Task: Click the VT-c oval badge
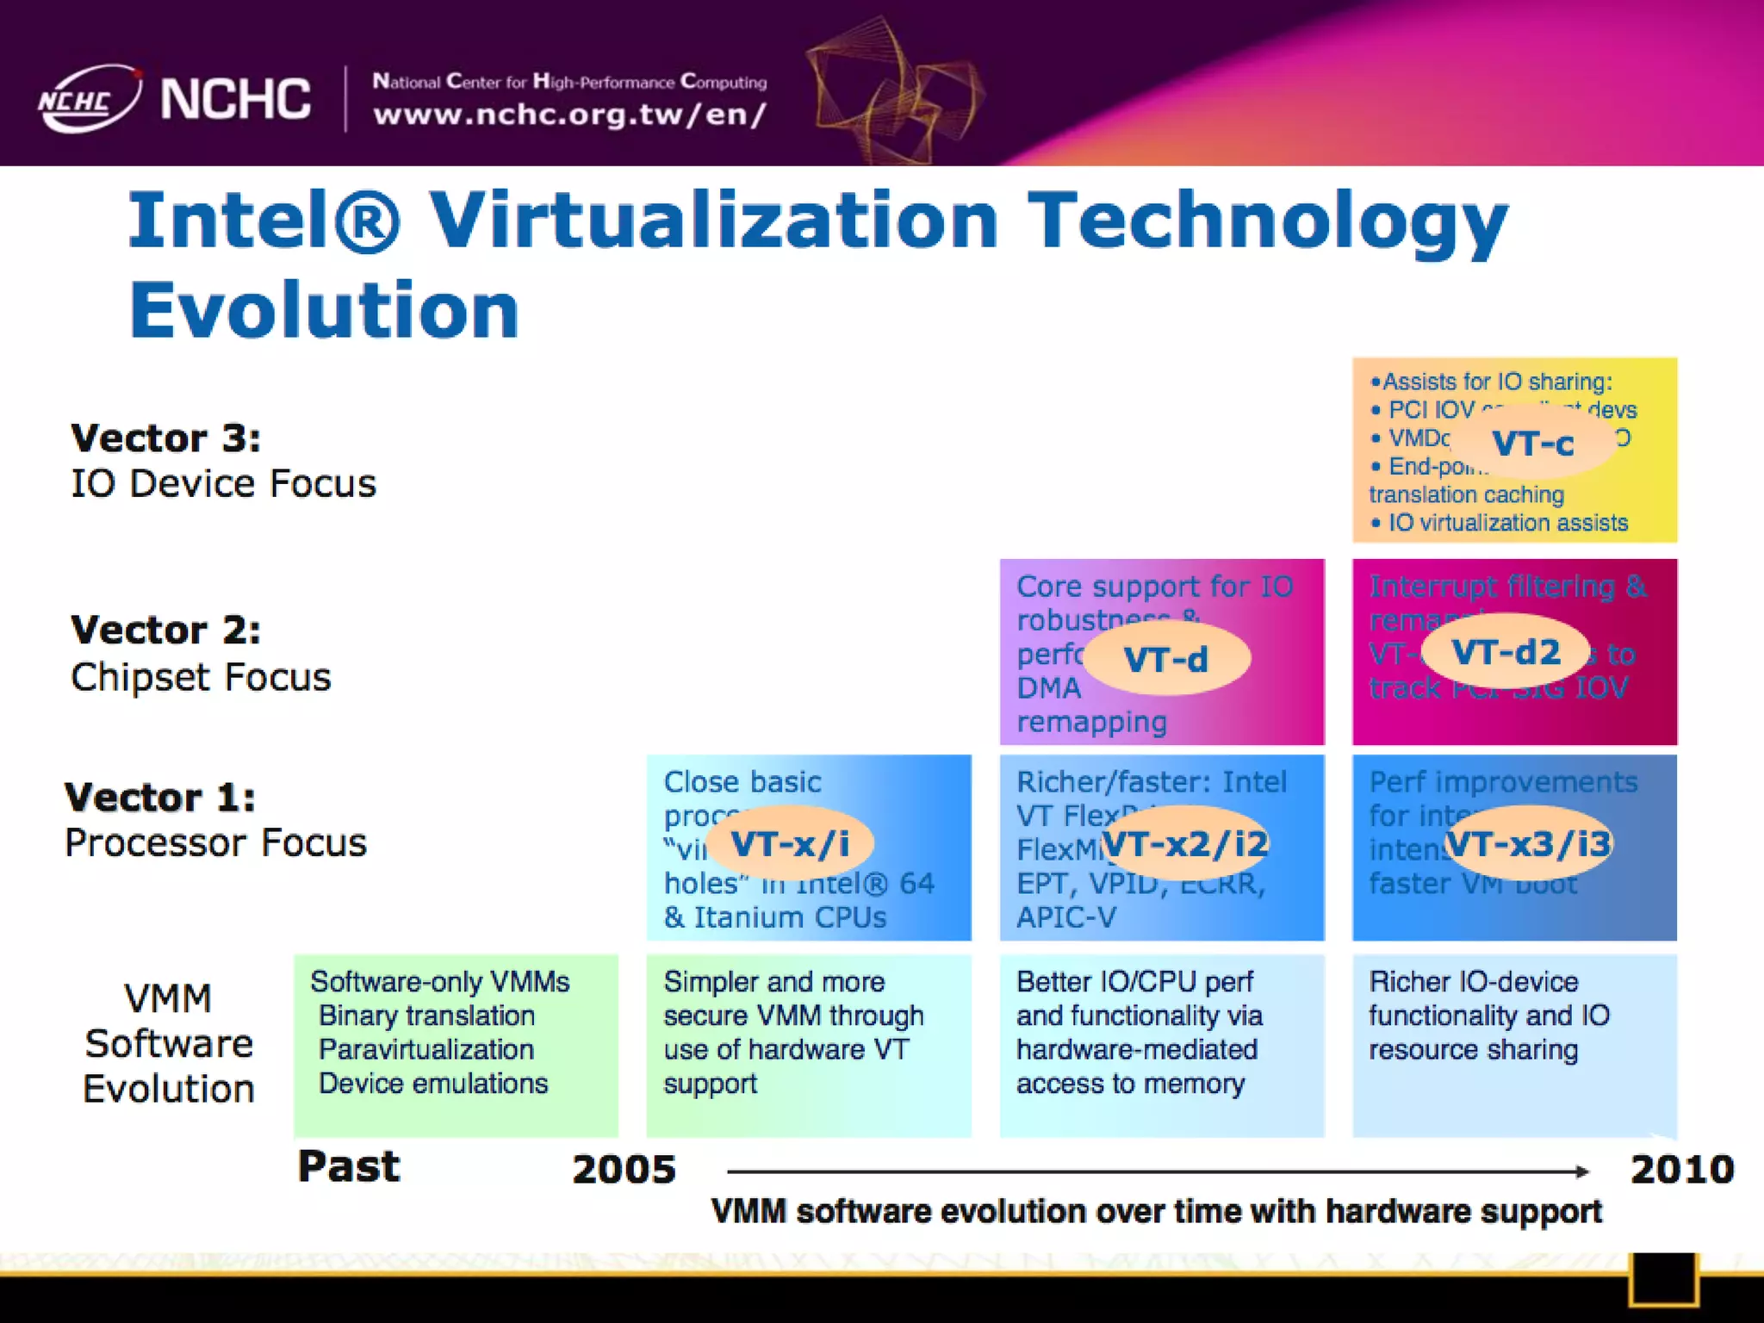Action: click(1532, 444)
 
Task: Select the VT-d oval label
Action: click(1165, 660)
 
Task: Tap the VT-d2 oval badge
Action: click(1505, 653)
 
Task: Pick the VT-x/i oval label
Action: click(790, 843)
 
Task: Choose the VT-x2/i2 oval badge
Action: click(1185, 843)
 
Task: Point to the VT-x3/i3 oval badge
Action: click(1528, 843)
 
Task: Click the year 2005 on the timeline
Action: click(624, 1170)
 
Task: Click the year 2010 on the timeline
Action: click(1681, 1170)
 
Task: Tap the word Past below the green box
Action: click(348, 1167)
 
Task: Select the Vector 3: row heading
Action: click(165, 438)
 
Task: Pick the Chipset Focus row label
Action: click(201, 677)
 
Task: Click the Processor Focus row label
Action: click(215, 842)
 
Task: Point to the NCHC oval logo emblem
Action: click(88, 99)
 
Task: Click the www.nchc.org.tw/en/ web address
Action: click(569, 115)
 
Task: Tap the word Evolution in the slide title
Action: click(324, 310)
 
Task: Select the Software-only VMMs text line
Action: click(439, 982)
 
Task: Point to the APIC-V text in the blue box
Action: click(1065, 917)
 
